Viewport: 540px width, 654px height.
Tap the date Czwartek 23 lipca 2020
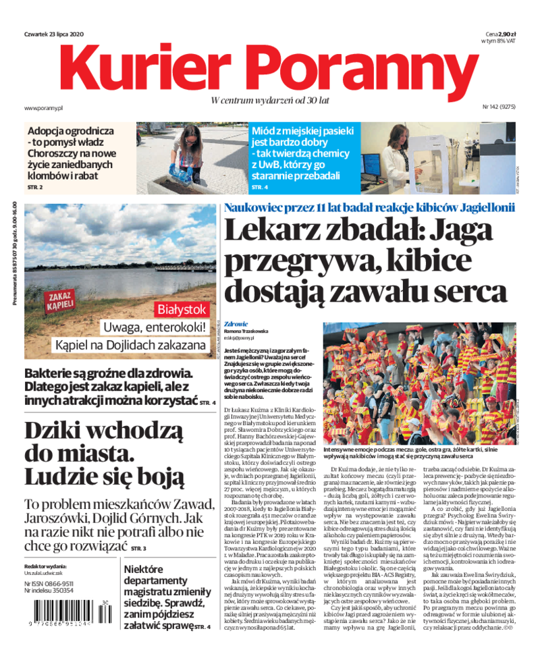(53, 34)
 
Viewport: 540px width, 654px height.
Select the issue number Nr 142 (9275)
(498, 107)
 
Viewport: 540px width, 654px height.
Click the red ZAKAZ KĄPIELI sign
(61, 300)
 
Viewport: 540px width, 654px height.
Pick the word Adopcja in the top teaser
(50, 131)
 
